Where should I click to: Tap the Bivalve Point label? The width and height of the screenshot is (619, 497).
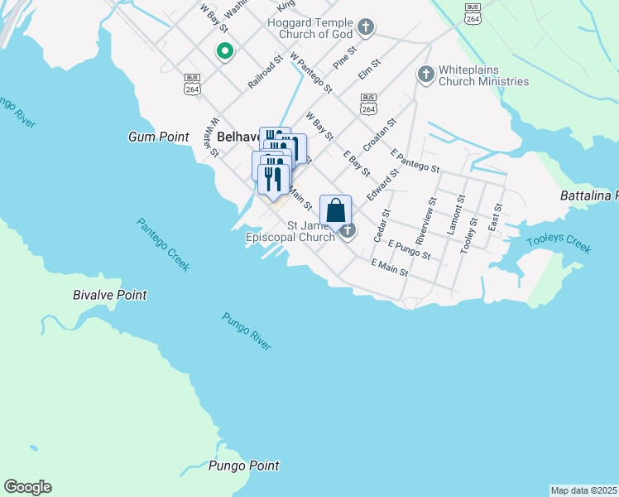[x=110, y=295]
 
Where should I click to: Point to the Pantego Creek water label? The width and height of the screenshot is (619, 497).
[x=163, y=244]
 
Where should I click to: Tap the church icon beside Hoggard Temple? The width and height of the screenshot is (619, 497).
[x=365, y=31]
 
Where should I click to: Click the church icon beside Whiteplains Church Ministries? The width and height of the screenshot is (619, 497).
[x=425, y=75]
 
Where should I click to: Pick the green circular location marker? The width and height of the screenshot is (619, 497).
[x=224, y=51]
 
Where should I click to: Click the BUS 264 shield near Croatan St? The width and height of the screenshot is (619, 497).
[x=369, y=104]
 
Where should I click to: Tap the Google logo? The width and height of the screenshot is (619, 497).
[x=27, y=487]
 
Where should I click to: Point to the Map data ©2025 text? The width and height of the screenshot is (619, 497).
[x=583, y=490]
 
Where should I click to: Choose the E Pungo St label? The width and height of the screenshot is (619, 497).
[x=408, y=249]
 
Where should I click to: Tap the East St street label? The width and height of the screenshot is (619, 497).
[x=497, y=218]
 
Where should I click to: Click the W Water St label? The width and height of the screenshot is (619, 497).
[x=213, y=138]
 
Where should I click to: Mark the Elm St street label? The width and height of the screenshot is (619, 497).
[x=369, y=69]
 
